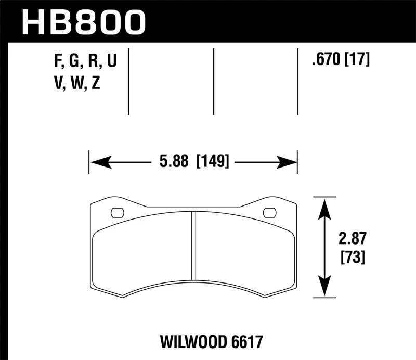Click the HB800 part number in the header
84,21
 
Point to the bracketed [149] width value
213,162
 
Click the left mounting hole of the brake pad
118,212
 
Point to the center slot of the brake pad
193,245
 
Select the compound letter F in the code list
57,62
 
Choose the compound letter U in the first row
111,62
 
